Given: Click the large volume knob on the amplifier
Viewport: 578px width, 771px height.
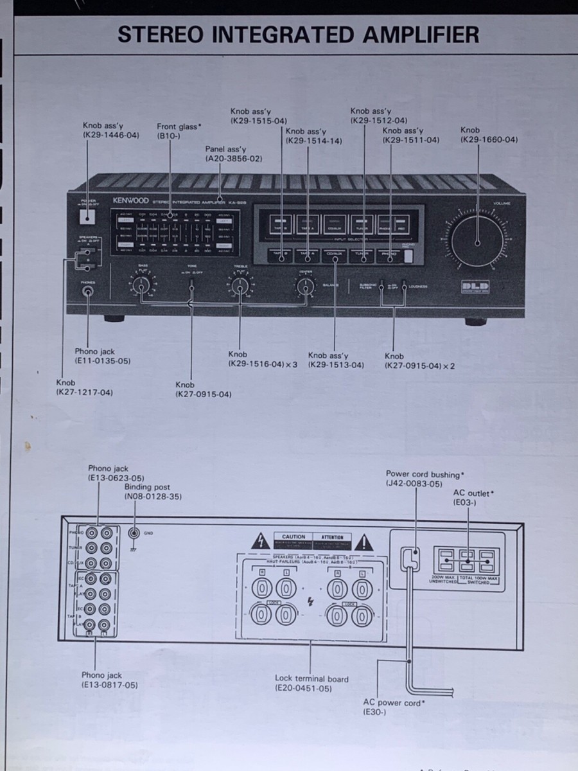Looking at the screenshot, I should (477, 242).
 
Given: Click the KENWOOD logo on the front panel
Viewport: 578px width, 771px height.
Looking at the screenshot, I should (130, 200).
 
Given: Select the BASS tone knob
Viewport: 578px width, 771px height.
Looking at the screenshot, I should (142, 285).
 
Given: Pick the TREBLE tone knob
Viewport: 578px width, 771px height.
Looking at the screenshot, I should (239, 285).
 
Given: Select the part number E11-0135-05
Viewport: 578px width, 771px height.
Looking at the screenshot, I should (103, 361).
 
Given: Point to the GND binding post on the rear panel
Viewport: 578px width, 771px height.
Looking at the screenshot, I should (134, 533).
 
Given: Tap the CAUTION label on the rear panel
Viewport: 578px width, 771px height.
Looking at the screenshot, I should (293, 536).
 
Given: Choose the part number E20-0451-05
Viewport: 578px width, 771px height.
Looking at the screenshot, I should (303, 688).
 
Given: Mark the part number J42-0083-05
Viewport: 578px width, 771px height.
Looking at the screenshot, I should (414, 484).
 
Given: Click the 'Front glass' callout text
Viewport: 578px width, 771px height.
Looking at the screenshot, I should (179, 127).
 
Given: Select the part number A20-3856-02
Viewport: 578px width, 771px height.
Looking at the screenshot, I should (234, 158).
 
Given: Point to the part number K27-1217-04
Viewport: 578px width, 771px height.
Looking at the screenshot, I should (85, 392).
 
